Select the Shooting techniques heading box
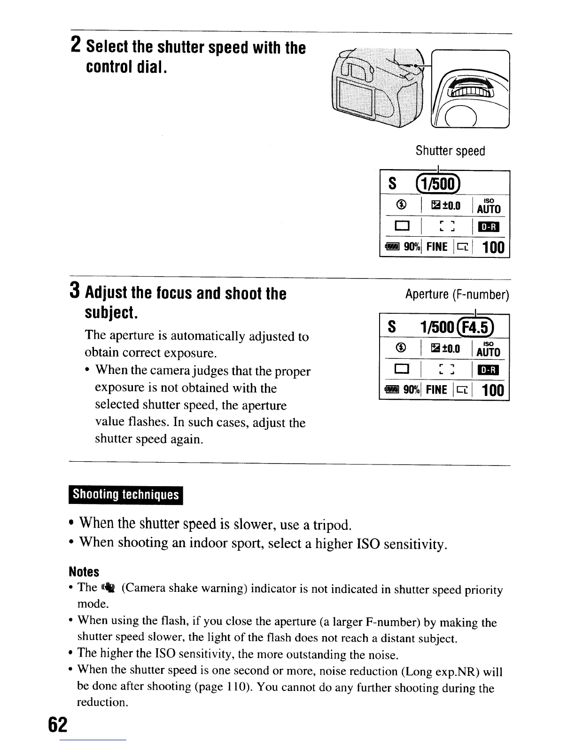coord(126,495)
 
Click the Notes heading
coord(84,572)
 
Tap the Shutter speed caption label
coord(450,151)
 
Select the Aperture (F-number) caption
coord(457,294)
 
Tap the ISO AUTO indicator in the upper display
coord(489,206)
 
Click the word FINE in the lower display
coord(436,390)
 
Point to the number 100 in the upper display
coord(493,247)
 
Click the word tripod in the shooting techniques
coord(334,524)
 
